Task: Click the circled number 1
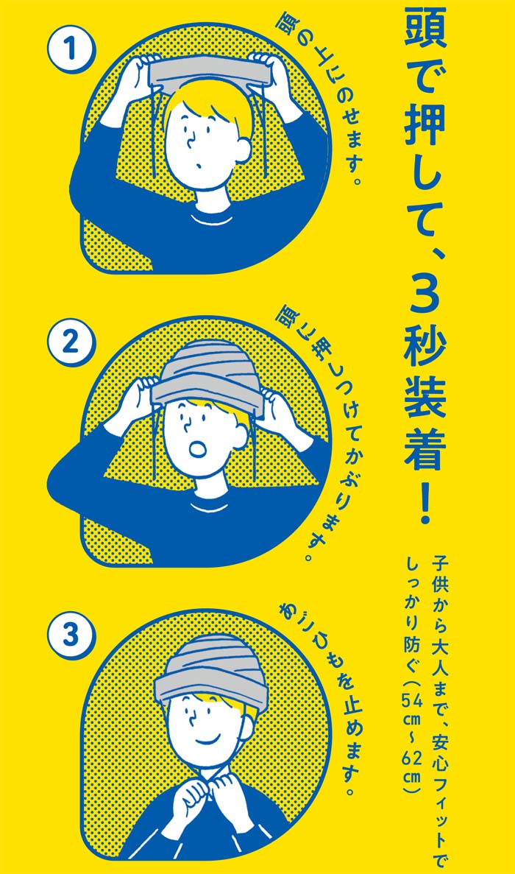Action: click(71, 49)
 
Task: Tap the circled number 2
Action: click(71, 342)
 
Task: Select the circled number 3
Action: click(71, 635)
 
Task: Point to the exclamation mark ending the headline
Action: click(425, 502)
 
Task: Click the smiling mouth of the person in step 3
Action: click(206, 740)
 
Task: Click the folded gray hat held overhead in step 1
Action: click(210, 72)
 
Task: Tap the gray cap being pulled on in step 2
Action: click(207, 373)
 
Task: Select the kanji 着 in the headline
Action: click(425, 448)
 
